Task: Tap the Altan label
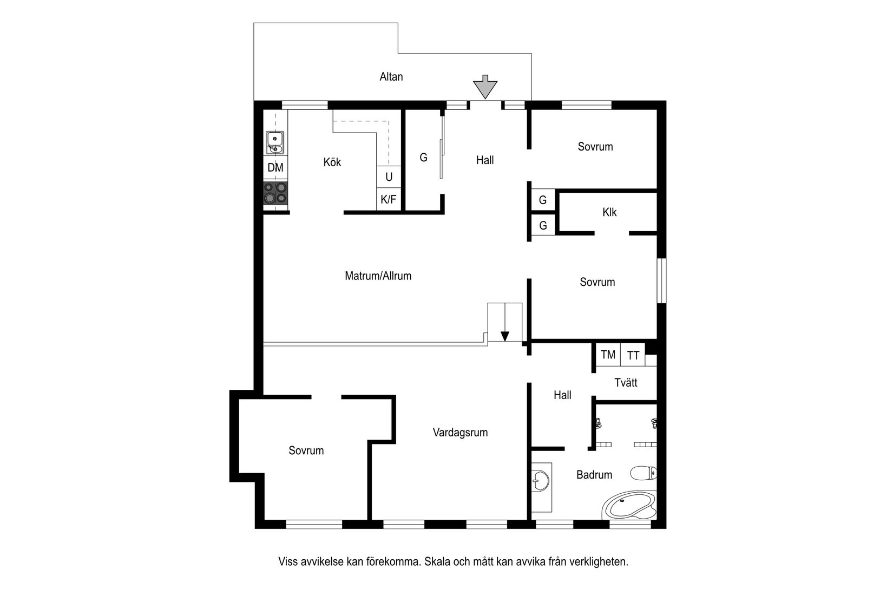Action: coord(391,77)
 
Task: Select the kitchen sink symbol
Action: coord(275,142)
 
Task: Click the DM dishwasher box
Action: coord(275,168)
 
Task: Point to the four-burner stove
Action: coord(275,193)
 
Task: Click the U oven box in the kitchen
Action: coord(389,177)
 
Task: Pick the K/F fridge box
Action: coord(389,200)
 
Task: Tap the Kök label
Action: coord(332,162)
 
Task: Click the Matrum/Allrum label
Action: coord(378,276)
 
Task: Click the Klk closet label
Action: coord(609,212)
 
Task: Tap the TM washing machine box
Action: coord(608,355)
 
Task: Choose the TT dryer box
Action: coord(633,356)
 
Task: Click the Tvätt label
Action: coord(626,383)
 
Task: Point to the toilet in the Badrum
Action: coord(643,474)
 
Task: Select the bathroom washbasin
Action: coord(540,479)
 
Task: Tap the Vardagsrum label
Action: coord(460,433)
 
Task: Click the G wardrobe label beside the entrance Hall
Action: coord(423,158)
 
